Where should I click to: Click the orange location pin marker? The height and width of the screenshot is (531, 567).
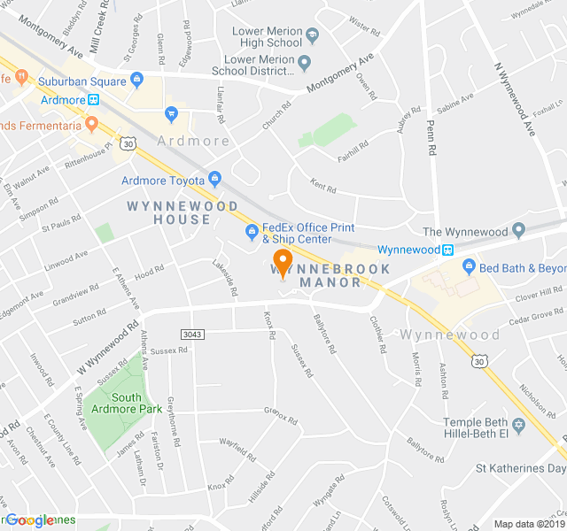(x=283, y=263)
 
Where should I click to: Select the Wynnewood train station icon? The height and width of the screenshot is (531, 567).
(x=448, y=250)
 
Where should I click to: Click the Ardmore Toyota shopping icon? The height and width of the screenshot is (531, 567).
(x=215, y=181)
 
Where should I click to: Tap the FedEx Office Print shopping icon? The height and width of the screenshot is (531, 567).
(x=252, y=233)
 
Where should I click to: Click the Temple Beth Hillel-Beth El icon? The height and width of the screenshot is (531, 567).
(x=519, y=427)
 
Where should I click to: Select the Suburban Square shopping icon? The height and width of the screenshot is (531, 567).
(x=136, y=81)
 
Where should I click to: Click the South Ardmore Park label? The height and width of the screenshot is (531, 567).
(x=123, y=403)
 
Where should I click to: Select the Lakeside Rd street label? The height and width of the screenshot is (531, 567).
(x=226, y=278)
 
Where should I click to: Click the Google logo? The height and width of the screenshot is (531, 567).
(x=30, y=520)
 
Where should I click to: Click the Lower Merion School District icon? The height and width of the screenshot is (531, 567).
(x=305, y=63)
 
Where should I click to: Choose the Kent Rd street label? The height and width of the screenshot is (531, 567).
(x=323, y=189)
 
